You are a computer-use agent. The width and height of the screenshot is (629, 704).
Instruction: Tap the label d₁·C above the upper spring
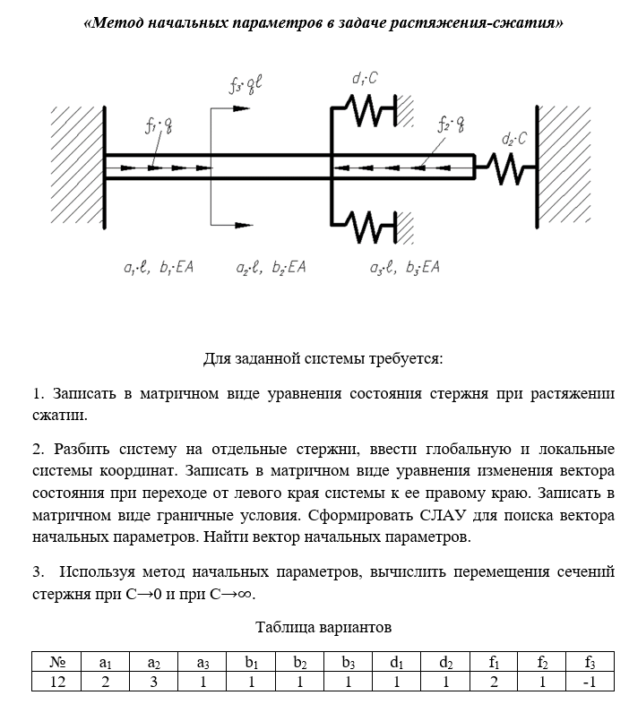[365, 79]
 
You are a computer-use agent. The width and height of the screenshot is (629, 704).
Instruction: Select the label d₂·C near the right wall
[513, 139]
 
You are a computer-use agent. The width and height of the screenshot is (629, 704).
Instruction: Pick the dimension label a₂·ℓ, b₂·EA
[271, 267]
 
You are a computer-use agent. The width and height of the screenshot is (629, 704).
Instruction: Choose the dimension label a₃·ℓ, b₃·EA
[404, 267]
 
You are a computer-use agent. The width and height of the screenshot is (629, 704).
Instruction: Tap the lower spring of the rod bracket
[365, 225]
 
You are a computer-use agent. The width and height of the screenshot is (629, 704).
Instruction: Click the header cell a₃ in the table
[202, 664]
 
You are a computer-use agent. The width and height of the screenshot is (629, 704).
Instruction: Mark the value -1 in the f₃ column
[589, 683]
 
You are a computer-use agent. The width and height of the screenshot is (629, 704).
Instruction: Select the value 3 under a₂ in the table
[154, 683]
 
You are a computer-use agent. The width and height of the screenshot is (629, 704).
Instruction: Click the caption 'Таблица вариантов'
[323, 626]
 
